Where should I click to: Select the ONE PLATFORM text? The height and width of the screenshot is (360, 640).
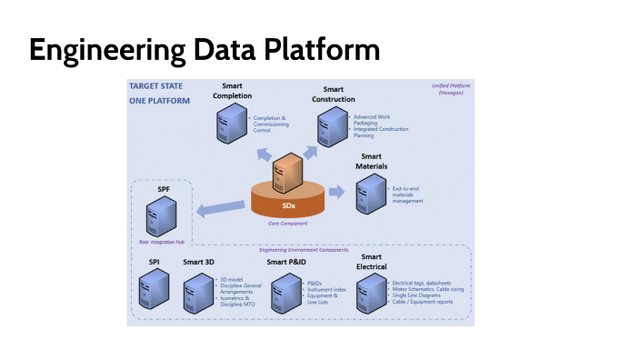[160, 101]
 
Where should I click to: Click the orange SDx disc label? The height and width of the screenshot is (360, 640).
[288, 205]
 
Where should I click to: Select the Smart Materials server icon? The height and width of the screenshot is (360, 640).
[370, 194]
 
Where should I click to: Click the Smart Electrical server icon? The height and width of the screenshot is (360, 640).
[371, 293]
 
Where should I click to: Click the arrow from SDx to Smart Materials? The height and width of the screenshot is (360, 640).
[337, 192]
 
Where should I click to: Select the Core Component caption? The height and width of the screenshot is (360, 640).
[287, 223]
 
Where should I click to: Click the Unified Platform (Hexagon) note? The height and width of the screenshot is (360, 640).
[448, 89]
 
